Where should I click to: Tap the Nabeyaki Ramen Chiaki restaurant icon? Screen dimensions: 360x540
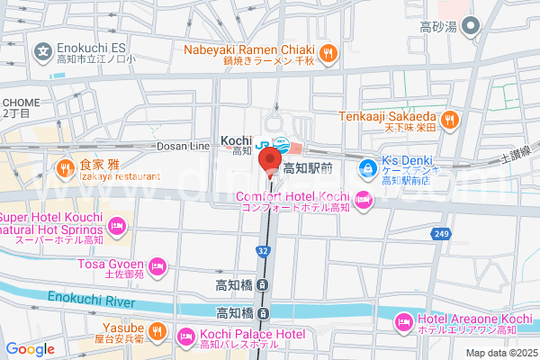[329, 52]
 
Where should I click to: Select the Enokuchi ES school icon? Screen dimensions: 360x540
[42, 52]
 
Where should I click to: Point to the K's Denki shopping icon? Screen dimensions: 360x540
[367, 166]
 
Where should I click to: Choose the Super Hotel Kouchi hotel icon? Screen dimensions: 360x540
[116, 225]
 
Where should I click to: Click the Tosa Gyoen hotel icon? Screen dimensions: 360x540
[157, 265]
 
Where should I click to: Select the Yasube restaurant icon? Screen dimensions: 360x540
[157, 331]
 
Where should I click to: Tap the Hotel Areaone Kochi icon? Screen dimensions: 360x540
[404, 320]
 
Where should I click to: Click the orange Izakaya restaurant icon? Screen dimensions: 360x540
[65, 167]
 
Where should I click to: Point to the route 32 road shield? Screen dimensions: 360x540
[261, 252]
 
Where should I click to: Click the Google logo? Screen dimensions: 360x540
[30, 349]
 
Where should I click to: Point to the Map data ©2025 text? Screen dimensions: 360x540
[500, 353]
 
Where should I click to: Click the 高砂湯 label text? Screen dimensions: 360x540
[440, 29]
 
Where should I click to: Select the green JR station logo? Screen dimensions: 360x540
[263, 143]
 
